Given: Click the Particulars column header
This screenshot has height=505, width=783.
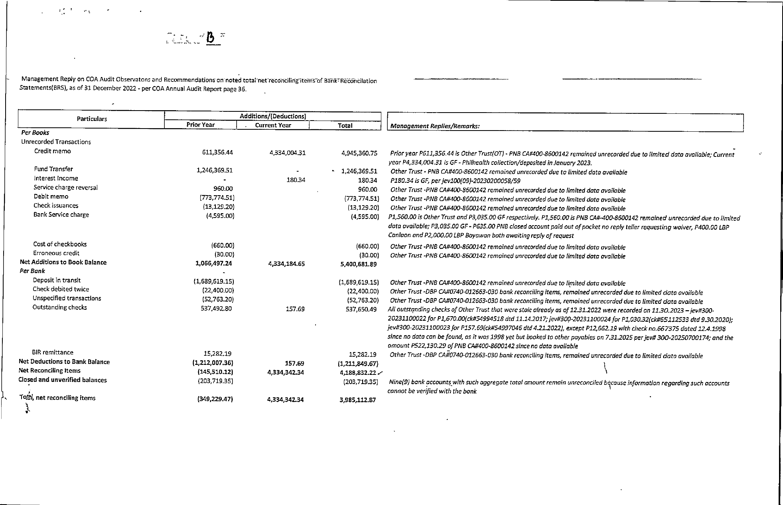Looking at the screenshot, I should point(92,119).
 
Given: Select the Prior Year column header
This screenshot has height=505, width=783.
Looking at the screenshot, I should point(200,125).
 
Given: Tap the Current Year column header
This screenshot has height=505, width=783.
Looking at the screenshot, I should point(273,125).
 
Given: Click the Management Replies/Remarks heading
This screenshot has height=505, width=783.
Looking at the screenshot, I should point(435,126).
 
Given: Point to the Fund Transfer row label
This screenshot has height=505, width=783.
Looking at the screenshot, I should point(53,169).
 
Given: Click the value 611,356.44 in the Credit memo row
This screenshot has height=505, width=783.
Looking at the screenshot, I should point(217,152).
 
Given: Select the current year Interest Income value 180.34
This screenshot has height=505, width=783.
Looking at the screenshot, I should point(296,180).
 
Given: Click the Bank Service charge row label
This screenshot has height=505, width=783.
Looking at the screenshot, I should point(61,215).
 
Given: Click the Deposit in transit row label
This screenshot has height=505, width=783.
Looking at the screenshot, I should point(57,280).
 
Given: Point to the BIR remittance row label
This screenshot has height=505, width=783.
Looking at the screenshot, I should point(53,353).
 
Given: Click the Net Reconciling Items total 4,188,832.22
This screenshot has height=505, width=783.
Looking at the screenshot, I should point(359,372).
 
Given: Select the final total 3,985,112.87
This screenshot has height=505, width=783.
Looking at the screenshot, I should point(357,400).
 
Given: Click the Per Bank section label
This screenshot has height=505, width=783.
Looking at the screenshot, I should point(32,271).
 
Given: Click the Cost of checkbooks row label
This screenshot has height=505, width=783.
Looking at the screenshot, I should point(60,244).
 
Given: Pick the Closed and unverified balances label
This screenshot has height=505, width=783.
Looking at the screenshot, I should point(63,380).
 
